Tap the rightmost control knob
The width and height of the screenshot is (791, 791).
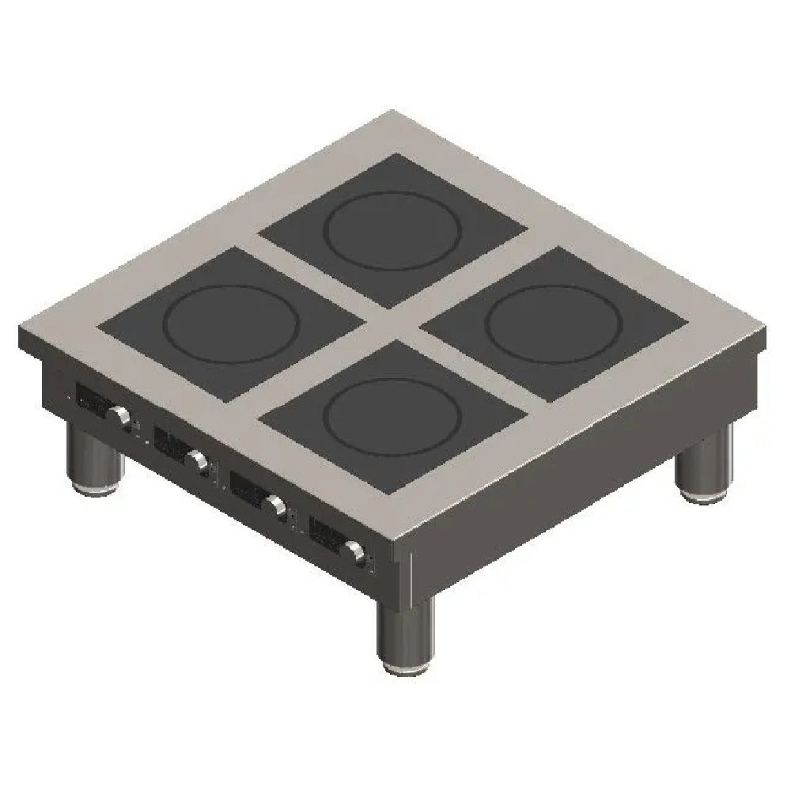(354, 551)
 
